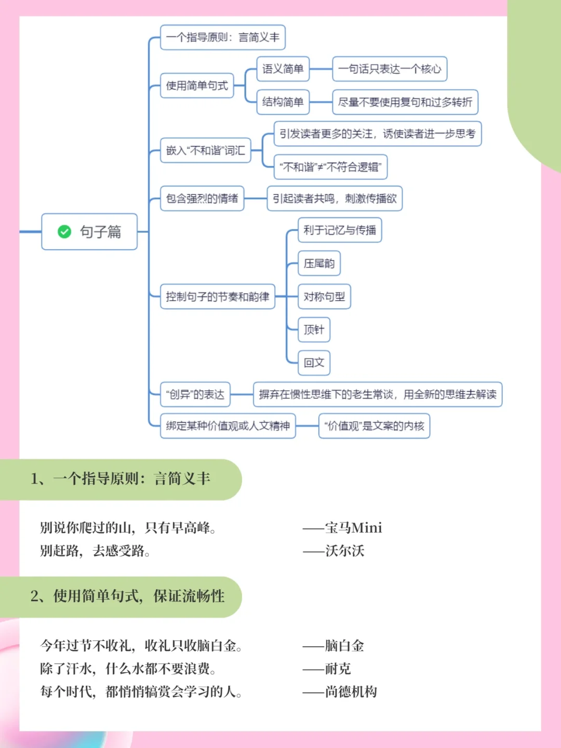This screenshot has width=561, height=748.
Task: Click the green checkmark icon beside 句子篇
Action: click(x=64, y=232)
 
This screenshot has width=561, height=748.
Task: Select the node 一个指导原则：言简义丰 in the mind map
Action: click(x=223, y=37)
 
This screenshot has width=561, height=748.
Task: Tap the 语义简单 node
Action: click(x=283, y=69)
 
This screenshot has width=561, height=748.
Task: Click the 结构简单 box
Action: click(x=283, y=102)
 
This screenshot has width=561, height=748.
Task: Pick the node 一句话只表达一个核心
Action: click(x=390, y=69)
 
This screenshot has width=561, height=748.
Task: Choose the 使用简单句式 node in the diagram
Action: click(x=197, y=86)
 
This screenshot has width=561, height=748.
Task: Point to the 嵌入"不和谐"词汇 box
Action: click(x=206, y=151)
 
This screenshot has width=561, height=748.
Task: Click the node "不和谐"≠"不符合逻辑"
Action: click(x=330, y=167)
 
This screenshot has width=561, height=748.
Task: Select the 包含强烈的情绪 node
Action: click(x=202, y=198)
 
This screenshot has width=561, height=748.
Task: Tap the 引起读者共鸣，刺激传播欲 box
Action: click(x=335, y=198)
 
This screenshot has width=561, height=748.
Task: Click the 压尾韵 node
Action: click(x=319, y=263)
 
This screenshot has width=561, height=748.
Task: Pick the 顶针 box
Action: click(x=314, y=330)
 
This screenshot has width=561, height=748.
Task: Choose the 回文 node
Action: click(x=314, y=363)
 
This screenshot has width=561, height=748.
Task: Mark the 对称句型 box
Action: click(x=324, y=297)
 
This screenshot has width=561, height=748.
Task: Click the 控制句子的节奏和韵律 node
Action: click(x=218, y=297)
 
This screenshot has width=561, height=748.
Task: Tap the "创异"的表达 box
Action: click(x=195, y=395)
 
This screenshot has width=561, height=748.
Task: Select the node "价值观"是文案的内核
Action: click(x=374, y=426)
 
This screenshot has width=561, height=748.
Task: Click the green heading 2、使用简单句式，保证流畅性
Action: click(x=127, y=596)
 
